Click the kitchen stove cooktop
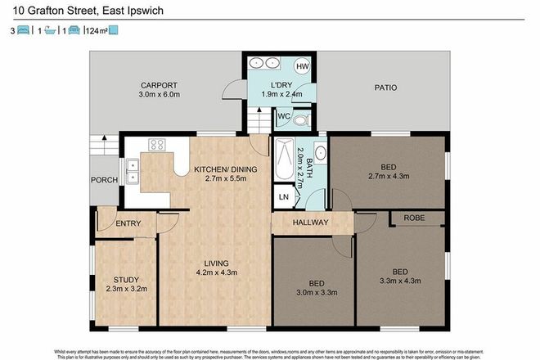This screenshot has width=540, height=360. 156,146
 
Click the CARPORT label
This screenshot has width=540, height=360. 159,84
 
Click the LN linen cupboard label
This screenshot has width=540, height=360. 284,198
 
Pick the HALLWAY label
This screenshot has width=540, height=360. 311,223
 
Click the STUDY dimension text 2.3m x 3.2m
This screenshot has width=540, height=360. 127,288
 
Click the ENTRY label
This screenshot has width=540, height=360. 128,223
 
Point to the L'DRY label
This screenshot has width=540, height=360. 281,86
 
